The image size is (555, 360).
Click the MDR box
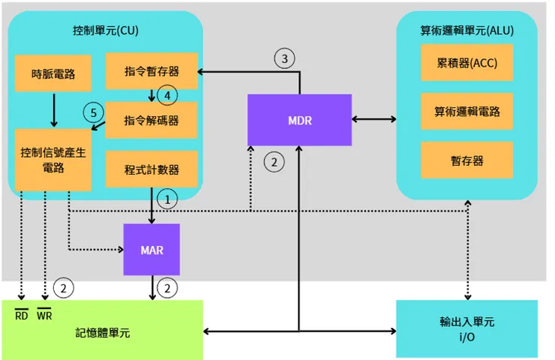[x=300, y=120]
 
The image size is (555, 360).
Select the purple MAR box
[x=152, y=249]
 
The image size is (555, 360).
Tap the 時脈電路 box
[x=53, y=74]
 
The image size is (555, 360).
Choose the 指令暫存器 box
[x=152, y=71]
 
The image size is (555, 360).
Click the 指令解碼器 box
[x=152, y=120]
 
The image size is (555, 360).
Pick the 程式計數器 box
[x=152, y=169]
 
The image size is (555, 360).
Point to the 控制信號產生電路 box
[x=53, y=160]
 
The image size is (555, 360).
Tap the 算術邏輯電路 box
[x=467, y=112]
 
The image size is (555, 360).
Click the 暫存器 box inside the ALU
[x=467, y=160]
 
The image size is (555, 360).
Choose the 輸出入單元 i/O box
[x=467, y=328]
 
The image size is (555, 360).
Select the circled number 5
[x=92, y=112]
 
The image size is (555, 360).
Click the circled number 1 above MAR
[x=169, y=199]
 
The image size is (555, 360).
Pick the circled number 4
[x=168, y=96]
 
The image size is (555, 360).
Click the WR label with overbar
[x=44, y=314]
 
